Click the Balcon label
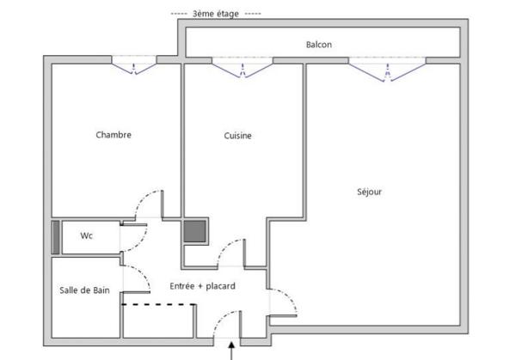pyautogui.click(x=318, y=45)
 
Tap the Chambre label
pyautogui.click(x=114, y=135)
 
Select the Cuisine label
pyautogui.click(x=237, y=136)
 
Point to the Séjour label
pyautogui.click(x=369, y=192)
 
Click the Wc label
pyautogui.click(x=86, y=235)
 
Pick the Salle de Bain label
pyautogui.click(x=84, y=290)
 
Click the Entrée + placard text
pyautogui.click(x=202, y=286)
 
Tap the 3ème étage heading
pyautogui.click(x=216, y=14)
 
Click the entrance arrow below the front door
pyautogui.click(x=231, y=351)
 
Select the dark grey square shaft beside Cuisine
pyautogui.click(x=195, y=231)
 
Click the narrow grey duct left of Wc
pyautogui.click(x=56, y=237)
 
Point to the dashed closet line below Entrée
pyautogui.click(x=158, y=305)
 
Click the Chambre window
pyautogui.click(x=133, y=66)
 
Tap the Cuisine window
pyautogui.click(x=243, y=68)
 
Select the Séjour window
pyautogui.click(x=387, y=70)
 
